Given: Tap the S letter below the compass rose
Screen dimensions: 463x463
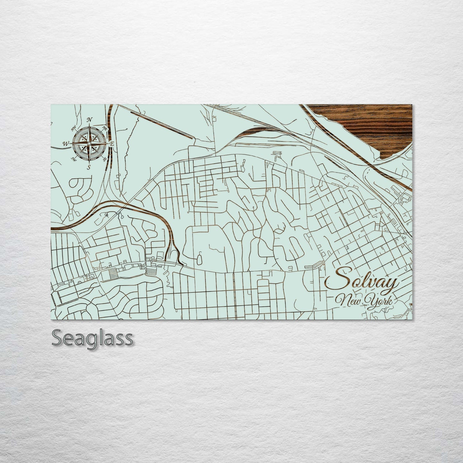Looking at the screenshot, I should (x=89, y=167).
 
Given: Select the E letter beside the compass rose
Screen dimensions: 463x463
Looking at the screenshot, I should (x=112, y=144).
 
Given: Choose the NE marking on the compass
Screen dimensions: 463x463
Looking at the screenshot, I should (x=104, y=128).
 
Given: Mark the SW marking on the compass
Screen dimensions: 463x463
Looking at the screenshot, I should (x=74, y=159).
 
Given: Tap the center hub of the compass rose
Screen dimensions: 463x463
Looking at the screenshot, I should (x=89, y=144).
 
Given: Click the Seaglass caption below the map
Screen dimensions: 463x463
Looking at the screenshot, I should (x=92, y=338).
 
